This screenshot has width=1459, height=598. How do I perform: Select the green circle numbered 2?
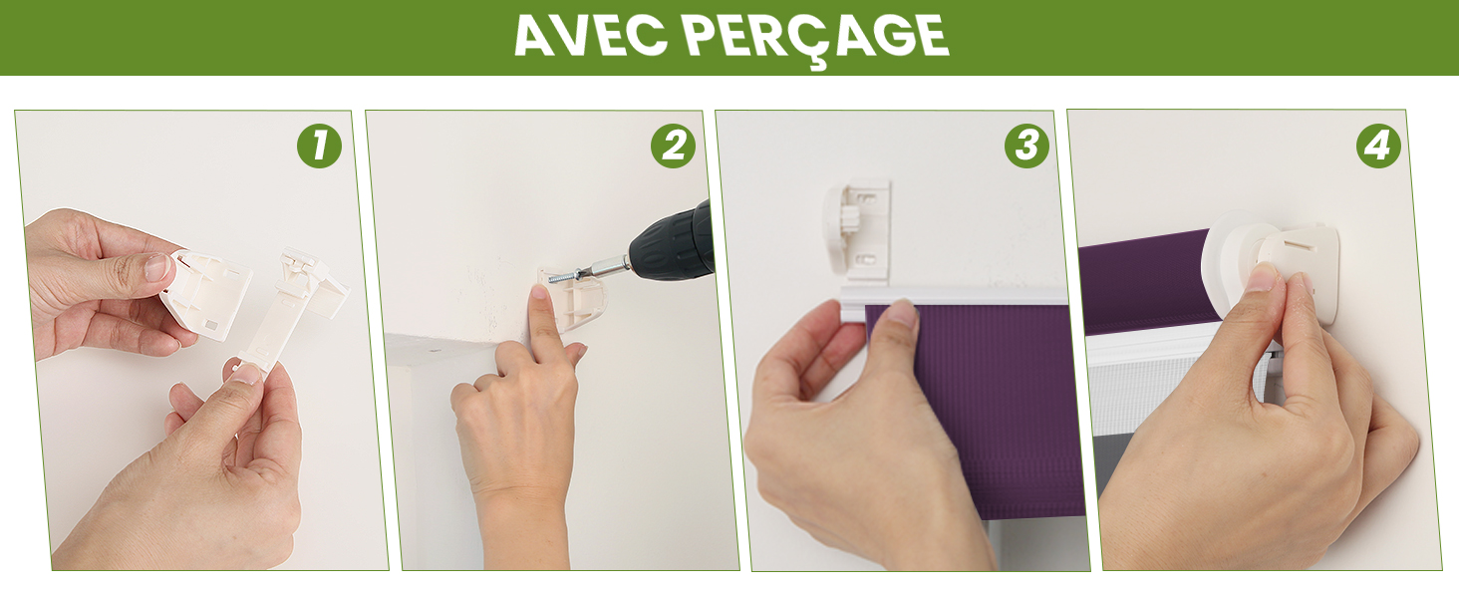click(673, 146)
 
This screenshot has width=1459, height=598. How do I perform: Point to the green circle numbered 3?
click(1026, 146)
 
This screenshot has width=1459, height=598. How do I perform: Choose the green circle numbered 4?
click(1378, 146)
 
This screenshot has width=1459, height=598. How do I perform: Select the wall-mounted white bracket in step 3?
click(857, 232)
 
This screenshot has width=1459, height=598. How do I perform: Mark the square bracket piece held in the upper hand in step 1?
click(208, 293)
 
